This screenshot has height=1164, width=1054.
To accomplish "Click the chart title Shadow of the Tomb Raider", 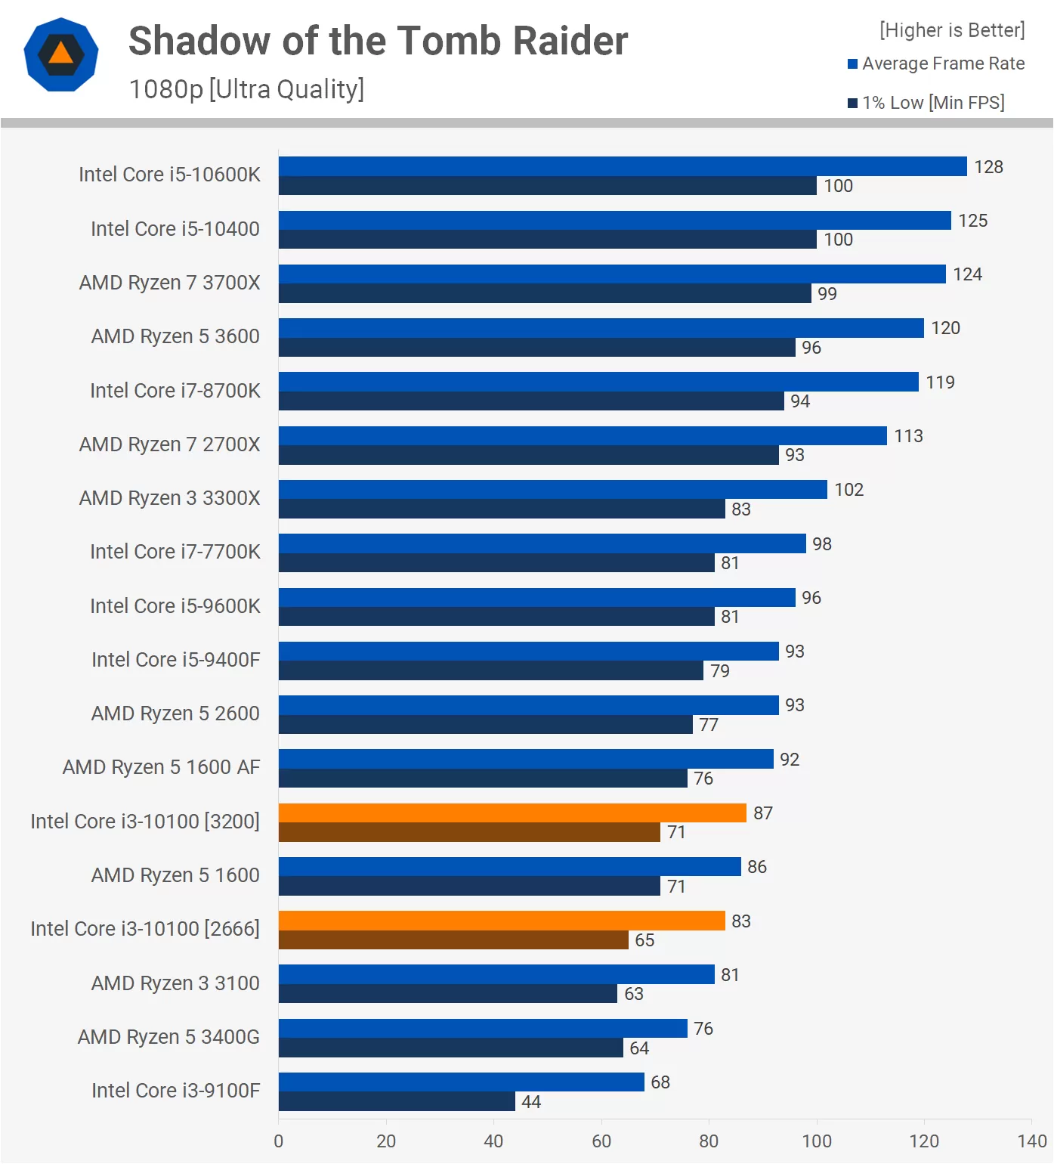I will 378,41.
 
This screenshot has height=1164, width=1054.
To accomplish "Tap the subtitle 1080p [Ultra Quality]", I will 246,89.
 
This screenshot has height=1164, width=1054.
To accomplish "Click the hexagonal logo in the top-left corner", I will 61,54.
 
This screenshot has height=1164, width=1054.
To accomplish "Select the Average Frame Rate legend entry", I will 936,63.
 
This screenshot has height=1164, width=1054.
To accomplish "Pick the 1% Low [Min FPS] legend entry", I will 926,103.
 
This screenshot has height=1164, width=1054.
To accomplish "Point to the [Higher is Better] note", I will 952,30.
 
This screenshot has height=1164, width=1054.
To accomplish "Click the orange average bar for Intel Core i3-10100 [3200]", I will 512,813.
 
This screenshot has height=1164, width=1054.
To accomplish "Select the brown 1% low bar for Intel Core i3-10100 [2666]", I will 453,940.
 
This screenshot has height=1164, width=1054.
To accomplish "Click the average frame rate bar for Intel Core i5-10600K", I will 623,166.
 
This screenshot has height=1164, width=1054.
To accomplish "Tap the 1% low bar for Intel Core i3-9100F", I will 397,1102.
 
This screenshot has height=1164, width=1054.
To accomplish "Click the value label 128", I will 988,167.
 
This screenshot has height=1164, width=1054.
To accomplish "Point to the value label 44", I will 531,1102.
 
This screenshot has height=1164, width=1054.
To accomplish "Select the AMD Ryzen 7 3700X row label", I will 169,283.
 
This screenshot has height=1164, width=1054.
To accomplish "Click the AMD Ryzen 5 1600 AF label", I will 161,767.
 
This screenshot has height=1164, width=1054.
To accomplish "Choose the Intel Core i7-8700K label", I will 175,391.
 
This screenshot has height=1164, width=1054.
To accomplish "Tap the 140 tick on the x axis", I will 1032,1141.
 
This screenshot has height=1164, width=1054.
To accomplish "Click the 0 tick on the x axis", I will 279,1141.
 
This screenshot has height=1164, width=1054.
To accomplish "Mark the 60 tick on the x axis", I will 601,1141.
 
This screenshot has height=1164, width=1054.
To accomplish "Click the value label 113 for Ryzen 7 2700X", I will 908,436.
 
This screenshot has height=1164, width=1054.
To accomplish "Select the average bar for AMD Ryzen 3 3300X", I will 552,490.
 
